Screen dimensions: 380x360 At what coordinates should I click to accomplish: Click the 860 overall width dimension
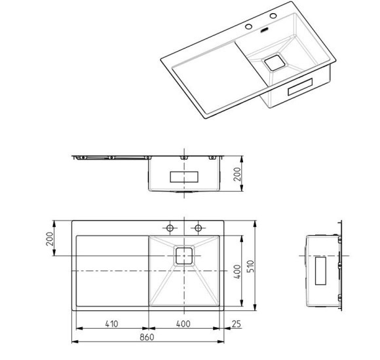pos(147,337)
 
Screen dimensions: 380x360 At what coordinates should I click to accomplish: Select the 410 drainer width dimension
pos(112,324)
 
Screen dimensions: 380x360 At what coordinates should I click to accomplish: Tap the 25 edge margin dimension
pos(237,324)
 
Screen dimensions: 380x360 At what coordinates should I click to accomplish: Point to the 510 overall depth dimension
pos(250,266)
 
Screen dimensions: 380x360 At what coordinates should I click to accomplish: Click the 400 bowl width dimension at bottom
pos(183,324)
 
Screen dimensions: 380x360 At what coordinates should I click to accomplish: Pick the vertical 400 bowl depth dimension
pos(237,272)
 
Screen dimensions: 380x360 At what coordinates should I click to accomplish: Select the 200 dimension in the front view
pos(237,174)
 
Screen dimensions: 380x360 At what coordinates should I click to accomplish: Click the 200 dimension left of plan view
pos(50,239)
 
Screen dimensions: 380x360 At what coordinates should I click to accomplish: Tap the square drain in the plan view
pos(184,256)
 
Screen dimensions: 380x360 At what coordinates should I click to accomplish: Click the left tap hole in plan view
pos(170,228)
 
